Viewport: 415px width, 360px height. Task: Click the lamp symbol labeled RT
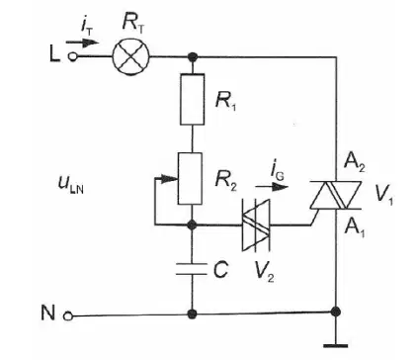tap(130, 56)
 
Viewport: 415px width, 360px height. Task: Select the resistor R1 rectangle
tap(192, 99)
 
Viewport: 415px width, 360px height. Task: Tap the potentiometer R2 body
tap(190, 179)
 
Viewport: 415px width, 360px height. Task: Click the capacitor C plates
tap(192, 269)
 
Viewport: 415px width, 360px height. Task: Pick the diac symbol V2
tap(256, 225)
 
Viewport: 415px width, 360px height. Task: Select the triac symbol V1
tap(336, 195)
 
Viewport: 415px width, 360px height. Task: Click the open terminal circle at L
tap(72, 57)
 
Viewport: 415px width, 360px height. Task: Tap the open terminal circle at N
tap(68, 316)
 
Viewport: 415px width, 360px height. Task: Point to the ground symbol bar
tap(336, 346)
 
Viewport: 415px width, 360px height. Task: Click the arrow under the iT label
tap(82, 43)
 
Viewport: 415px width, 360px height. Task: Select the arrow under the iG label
tap(272, 187)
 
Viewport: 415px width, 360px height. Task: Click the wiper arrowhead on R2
tap(170, 179)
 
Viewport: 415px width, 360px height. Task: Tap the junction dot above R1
tap(192, 57)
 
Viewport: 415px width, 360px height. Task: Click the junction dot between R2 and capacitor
tap(192, 225)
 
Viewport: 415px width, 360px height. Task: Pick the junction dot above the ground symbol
tap(336, 312)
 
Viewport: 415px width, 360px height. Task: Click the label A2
tap(354, 163)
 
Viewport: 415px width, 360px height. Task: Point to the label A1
tap(354, 228)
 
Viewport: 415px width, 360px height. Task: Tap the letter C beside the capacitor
tap(220, 270)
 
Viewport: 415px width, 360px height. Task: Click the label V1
tap(384, 195)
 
